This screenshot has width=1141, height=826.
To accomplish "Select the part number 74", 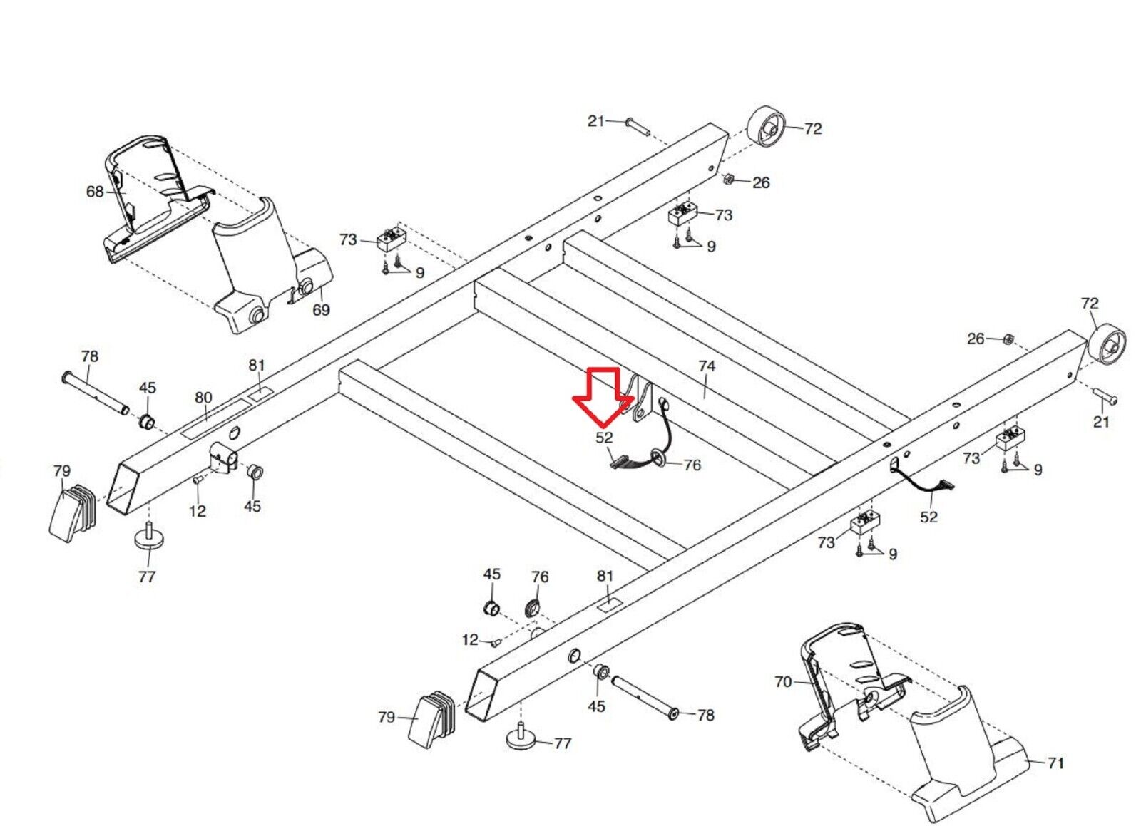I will pyautogui.click(x=706, y=366).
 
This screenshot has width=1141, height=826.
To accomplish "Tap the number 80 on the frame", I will pyautogui.click(x=204, y=397).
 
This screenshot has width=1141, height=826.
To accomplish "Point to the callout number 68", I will pyautogui.click(x=95, y=191).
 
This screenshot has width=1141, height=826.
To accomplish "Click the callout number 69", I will pyautogui.click(x=322, y=310).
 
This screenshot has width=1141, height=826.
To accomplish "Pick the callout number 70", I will pyautogui.click(x=783, y=682).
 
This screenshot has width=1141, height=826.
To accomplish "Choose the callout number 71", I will pyautogui.click(x=1056, y=763).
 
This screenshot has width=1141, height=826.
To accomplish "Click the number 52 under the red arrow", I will pyautogui.click(x=604, y=437).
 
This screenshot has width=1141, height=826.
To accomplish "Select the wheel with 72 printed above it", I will pyautogui.click(x=1107, y=344).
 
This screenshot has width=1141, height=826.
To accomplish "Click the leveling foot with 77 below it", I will pyautogui.click(x=148, y=536).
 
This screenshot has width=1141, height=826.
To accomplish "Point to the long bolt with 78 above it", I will pyautogui.click(x=95, y=393).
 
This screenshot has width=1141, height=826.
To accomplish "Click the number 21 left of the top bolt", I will pyautogui.click(x=596, y=121).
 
